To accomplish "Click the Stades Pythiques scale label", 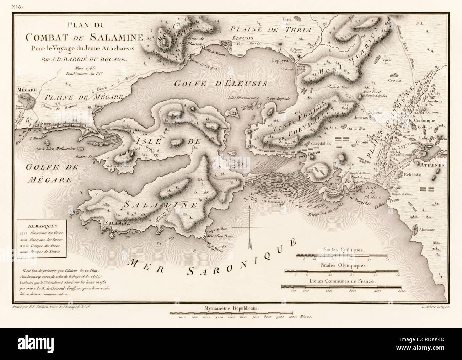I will (343, 250).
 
